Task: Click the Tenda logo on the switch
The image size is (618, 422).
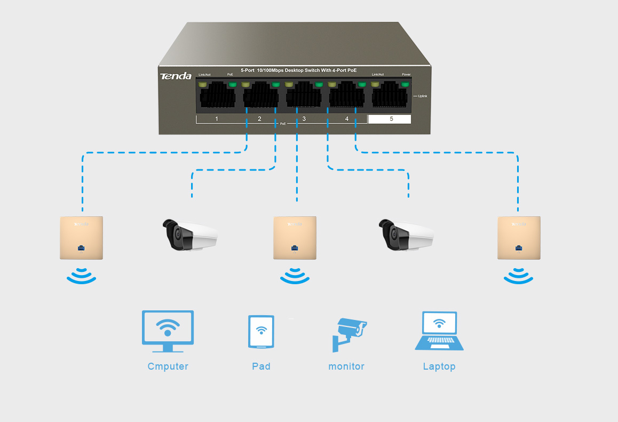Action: [x=175, y=76]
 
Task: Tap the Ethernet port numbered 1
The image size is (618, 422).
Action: [x=217, y=97]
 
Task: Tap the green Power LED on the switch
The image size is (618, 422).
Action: [x=406, y=84]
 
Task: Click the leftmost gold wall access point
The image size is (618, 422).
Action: [x=81, y=238]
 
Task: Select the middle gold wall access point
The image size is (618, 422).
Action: [x=295, y=238]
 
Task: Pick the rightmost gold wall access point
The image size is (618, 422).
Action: [x=519, y=238]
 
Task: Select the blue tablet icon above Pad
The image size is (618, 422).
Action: [x=261, y=332]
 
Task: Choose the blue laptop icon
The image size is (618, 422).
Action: [x=439, y=332]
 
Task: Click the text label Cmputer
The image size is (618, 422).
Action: [x=168, y=366]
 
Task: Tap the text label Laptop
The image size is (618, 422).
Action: [x=439, y=366]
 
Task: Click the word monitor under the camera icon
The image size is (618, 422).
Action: [x=346, y=366]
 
